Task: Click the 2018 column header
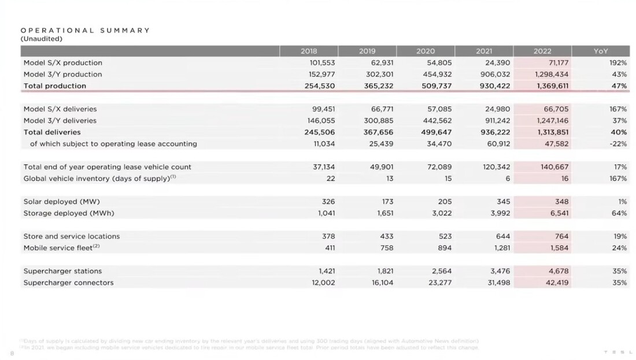(x=309, y=51)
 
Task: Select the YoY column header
(x=601, y=51)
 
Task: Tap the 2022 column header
(x=542, y=51)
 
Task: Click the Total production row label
(x=55, y=86)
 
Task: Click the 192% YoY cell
(x=618, y=63)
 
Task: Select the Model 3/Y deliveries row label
(x=60, y=121)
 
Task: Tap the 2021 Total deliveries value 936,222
(x=495, y=132)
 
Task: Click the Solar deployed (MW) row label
(x=62, y=202)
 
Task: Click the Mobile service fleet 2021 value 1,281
(x=501, y=248)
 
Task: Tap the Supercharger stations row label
(x=62, y=271)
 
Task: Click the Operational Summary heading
(x=85, y=30)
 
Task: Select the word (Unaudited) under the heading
(x=41, y=39)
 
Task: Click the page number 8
(x=12, y=352)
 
